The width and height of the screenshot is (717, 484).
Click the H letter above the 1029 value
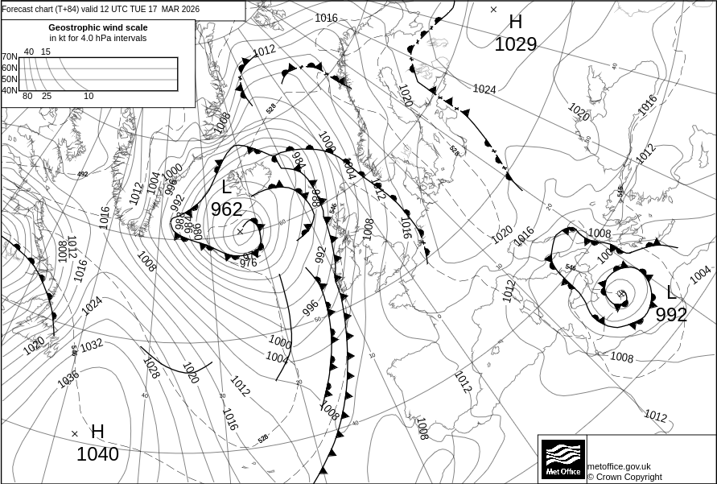pos(515,22)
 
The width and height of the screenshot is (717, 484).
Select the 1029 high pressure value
pos(515,44)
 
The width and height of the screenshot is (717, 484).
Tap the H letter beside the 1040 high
pos(97,432)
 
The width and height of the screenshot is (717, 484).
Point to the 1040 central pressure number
pos(97,454)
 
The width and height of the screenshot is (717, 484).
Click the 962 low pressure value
pos(226,209)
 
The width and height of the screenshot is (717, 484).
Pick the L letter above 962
pos(226,188)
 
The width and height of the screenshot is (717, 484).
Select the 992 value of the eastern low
pos(671,315)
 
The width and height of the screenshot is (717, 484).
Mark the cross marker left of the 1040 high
pos(75,433)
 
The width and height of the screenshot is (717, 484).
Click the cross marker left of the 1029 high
pos(493,10)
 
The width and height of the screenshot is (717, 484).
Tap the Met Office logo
pos(562,459)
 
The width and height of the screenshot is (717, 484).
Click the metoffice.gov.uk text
pos(619,466)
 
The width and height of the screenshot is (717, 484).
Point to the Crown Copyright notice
pos(624,477)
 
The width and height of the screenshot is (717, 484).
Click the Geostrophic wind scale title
pos(98,27)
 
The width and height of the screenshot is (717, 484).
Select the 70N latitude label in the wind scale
pos(9,57)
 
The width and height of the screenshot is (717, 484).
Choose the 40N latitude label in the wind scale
pos(9,90)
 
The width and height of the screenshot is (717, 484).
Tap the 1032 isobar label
pos(91,345)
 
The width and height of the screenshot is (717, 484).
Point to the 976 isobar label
pos(249,263)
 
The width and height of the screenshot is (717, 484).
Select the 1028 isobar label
pos(150,367)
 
